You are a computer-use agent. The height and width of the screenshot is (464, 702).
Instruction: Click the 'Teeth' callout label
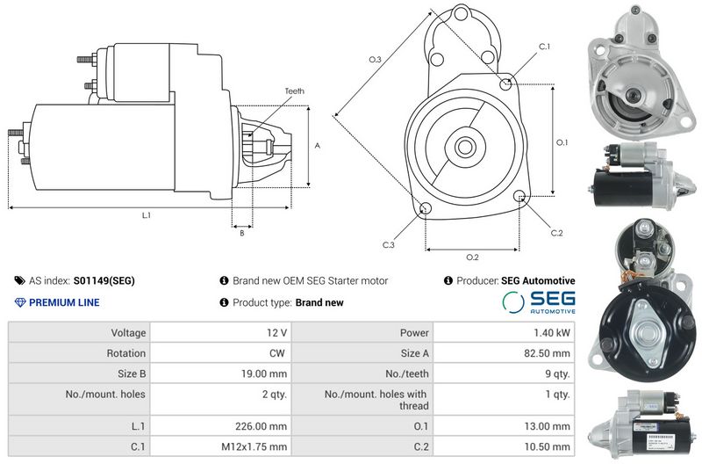click(x=295, y=91)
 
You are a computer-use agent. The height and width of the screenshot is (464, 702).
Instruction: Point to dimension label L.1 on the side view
click(x=147, y=215)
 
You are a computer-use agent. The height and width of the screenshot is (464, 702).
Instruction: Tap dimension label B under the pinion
click(x=242, y=233)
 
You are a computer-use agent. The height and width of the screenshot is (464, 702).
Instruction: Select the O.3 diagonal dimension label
click(x=375, y=59)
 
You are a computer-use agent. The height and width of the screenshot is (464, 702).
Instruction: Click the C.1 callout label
click(x=544, y=47)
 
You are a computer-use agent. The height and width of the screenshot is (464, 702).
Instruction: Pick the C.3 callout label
click(x=389, y=245)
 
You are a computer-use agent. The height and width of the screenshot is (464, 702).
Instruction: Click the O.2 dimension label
click(x=472, y=257)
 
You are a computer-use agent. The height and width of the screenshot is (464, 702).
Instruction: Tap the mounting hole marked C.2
click(x=519, y=196)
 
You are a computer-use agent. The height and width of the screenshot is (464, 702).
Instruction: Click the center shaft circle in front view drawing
click(x=465, y=147)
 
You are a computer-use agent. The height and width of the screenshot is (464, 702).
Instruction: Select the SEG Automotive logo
click(x=539, y=301)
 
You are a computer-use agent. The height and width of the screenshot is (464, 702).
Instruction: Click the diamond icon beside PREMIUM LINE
click(x=20, y=302)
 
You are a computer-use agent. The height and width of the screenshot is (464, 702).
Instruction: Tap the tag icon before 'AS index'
click(x=19, y=280)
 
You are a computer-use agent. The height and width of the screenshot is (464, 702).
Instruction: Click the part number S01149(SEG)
click(x=104, y=280)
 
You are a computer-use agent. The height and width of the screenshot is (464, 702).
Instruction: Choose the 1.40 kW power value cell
click(x=504, y=333)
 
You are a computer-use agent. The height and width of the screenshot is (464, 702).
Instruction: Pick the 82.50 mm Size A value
click(x=547, y=353)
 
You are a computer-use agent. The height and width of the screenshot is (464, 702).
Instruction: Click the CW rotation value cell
click(x=221, y=353)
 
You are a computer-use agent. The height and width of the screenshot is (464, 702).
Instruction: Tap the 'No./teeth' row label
click(x=407, y=373)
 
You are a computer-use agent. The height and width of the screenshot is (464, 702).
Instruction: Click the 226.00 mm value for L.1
click(x=261, y=426)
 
